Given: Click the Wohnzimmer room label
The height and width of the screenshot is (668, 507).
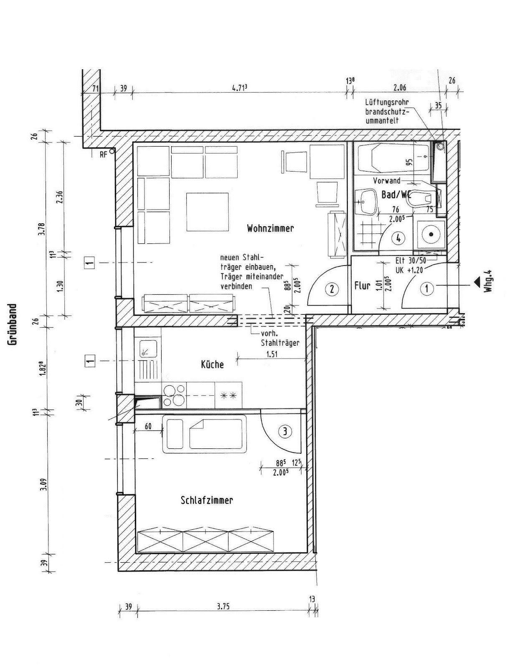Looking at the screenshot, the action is (x=270, y=228).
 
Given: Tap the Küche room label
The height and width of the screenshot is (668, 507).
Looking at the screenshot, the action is (x=212, y=364).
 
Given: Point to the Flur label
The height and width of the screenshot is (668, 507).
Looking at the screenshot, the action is (x=362, y=286).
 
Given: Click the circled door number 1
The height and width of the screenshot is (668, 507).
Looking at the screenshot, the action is (x=427, y=288).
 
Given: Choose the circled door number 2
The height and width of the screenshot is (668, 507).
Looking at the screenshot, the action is (x=332, y=288).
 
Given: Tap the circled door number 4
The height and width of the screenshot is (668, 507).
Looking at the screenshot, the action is (x=399, y=238).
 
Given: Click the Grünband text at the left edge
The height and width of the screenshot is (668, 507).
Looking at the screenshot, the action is (x=13, y=324).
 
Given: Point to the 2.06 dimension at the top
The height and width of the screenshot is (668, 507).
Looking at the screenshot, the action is (x=400, y=88).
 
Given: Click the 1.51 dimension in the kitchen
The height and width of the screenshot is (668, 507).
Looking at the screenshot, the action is (x=272, y=354).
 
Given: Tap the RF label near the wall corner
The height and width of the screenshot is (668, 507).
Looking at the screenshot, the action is (x=104, y=155).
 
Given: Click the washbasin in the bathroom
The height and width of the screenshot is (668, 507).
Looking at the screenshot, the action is (x=366, y=201).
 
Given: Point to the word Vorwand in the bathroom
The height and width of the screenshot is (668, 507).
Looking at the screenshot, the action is (x=386, y=181).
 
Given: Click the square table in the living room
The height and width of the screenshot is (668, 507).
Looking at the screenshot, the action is (x=208, y=212).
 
